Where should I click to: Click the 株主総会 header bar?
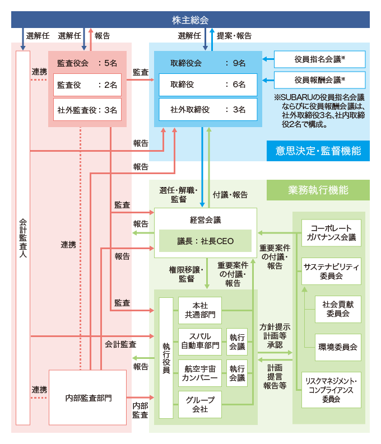[x=190, y=20]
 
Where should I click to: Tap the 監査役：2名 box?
[x=87, y=85]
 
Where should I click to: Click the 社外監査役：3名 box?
[x=87, y=110]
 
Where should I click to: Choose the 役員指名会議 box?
[x=319, y=59]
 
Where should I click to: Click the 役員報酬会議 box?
[x=319, y=80]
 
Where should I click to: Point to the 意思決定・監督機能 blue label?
[x=318, y=151]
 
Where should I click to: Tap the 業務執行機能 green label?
[x=318, y=190]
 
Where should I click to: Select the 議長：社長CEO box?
[x=206, y=241]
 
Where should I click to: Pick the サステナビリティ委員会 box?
[x=331, y=271]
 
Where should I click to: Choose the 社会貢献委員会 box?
[x=338, y=309]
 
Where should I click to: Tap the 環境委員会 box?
[x=338, y=347]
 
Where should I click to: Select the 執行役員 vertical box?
[x=166, y=358]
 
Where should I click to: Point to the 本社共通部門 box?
[x=200, y=311]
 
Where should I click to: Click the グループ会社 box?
[x=200, y=404]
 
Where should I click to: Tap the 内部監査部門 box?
[x=88, y=398]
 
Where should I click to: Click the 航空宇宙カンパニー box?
[x=200, y=372]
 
